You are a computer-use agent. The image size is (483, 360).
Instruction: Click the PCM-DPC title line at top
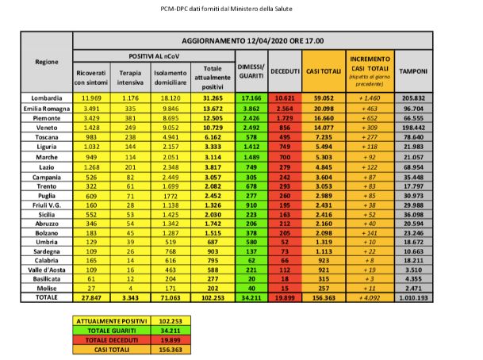coord(240,7)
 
